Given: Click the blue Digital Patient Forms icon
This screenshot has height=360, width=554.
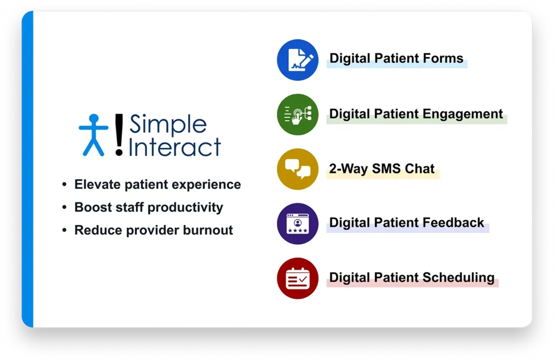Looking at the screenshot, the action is click(x=298, y=60).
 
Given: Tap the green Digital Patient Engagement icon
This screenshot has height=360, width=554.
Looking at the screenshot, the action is click(x=298, y=115).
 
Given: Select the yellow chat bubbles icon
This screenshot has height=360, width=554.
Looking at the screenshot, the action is click(x=298, y=169).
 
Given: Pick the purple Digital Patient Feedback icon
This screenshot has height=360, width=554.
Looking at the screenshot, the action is click(x=298, y=224).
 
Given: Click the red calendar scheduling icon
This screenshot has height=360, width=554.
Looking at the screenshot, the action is click(x=298, y=278).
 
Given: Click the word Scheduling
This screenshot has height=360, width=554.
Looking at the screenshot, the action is click(x=458, y=278).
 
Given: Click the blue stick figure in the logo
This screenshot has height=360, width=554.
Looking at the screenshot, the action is click(x=93, y=135).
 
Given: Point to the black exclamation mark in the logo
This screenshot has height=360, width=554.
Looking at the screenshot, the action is click(x=119, y=135).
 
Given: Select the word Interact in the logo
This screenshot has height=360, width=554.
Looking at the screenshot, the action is click(x=175, y=146).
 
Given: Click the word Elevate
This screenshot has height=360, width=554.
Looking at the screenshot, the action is click(x=97, y=184).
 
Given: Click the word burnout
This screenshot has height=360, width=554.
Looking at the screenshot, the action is click(x=208, y=230).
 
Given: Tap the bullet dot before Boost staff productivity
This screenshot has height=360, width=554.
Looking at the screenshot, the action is click(x=64, y=207).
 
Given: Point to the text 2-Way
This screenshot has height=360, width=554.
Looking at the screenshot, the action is click(x=348, y=169).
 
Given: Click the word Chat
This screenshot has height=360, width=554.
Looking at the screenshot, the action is click(x=419, y=169).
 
